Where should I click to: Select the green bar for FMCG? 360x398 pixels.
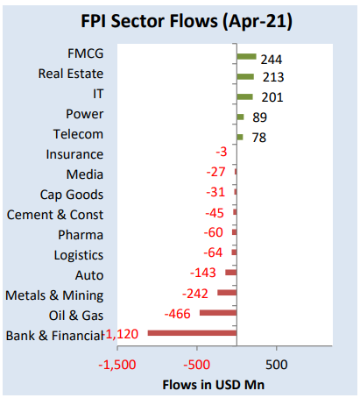coord(246,57)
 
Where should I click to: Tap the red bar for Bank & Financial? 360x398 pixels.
coord(192,333)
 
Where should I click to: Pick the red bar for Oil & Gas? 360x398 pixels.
coord(217,313)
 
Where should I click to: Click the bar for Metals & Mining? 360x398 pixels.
coord(226,293)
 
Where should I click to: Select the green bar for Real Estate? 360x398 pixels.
coord(244,76)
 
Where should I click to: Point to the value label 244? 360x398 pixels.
coord(272,60)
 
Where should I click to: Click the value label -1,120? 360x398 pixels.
coord(123,334)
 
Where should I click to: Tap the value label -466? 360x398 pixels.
coord(178,314)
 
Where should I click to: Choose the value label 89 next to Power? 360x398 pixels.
coord(259,117)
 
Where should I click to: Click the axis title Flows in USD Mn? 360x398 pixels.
coord(215,384)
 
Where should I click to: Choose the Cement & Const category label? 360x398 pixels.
coord(54,215)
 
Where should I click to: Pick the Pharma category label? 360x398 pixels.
coord(81,235)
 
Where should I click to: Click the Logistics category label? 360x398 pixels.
coord(77,255)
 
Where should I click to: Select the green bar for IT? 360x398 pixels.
coord(244,96)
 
